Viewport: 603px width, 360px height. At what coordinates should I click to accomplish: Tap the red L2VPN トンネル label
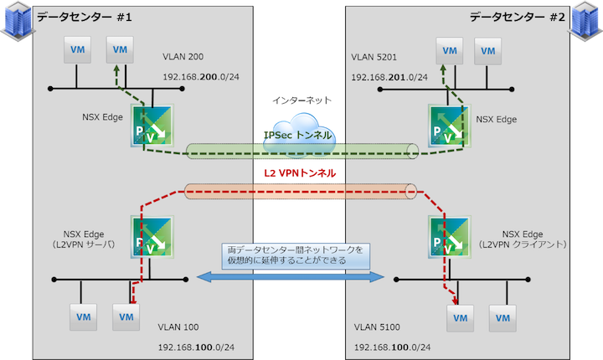tap(301, 172)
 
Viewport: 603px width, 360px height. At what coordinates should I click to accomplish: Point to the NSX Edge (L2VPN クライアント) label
tap(523, 239)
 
